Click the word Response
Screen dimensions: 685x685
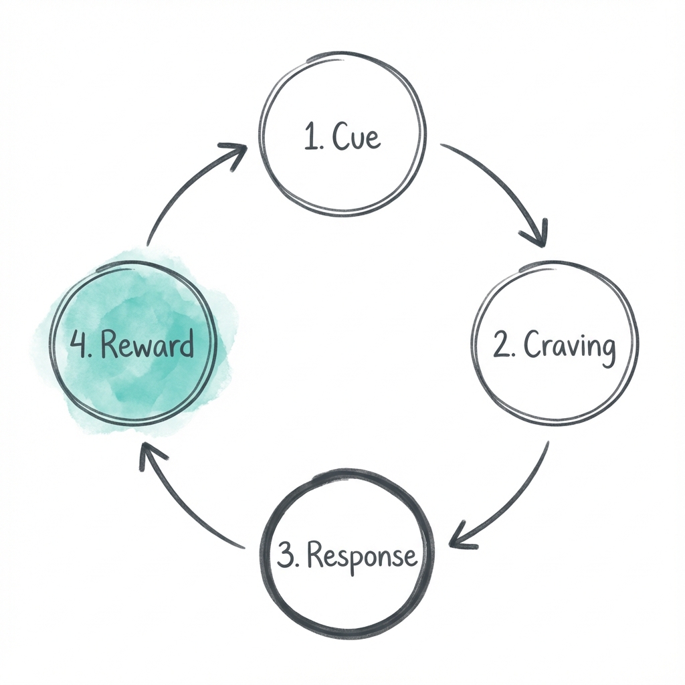365,556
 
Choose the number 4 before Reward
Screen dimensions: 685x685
78,345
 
